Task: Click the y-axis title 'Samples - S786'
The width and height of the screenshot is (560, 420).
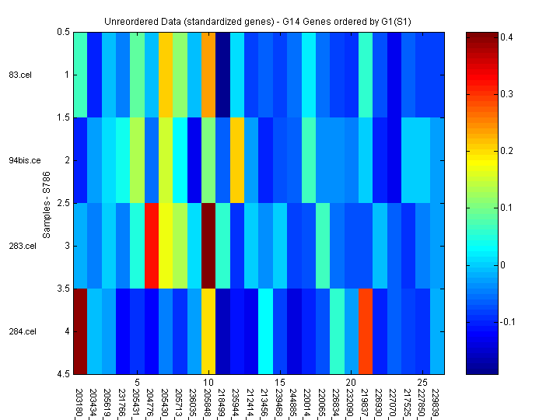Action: click(46, 203)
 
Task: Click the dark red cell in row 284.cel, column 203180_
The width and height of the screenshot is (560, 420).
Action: click(80, 331)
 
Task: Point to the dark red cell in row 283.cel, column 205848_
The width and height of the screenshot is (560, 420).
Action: click(208, 246)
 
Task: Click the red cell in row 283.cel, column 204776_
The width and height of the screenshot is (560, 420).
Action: click(152, 246)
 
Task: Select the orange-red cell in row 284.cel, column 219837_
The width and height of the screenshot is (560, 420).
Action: click(366, 331)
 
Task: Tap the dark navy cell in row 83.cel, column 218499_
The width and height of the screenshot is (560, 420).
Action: click(222, 75)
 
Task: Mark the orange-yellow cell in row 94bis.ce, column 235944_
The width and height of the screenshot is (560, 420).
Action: click(237, 160)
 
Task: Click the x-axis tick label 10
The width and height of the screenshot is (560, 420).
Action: click(208, 383)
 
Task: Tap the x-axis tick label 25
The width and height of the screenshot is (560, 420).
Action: click(422, 383)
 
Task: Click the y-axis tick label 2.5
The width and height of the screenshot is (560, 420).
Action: click(63, 203)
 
